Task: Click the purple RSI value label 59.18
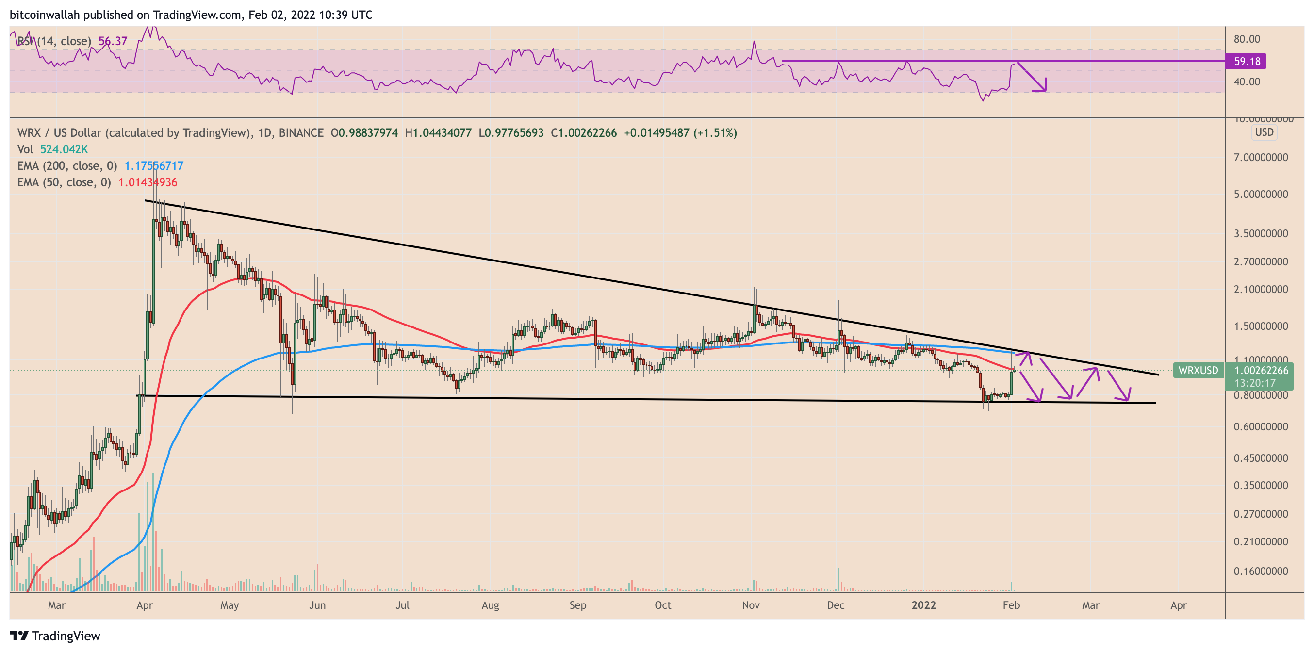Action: click(1247, 61)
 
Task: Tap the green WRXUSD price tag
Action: click(1198, 370)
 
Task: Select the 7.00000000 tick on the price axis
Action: click(1261, 157)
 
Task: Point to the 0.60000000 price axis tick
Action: click(1261, 426)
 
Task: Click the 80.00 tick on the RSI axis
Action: click(1247, 39)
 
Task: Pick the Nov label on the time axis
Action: click(750, 605)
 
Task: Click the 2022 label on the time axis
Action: click(923, 605)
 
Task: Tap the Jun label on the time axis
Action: click(317, 605)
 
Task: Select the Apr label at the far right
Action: click(1178, 605)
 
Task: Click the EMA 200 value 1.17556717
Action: click(153, 166)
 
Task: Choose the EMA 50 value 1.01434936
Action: click(148, 182)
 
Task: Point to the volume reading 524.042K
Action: click(64, 149)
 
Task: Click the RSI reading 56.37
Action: click(113, 41)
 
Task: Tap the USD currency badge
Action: click(1264, 132)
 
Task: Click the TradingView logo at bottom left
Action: click(55, 636)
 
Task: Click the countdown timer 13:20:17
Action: click(1255, 383)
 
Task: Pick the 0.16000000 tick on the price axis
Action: click(1261, 571)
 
